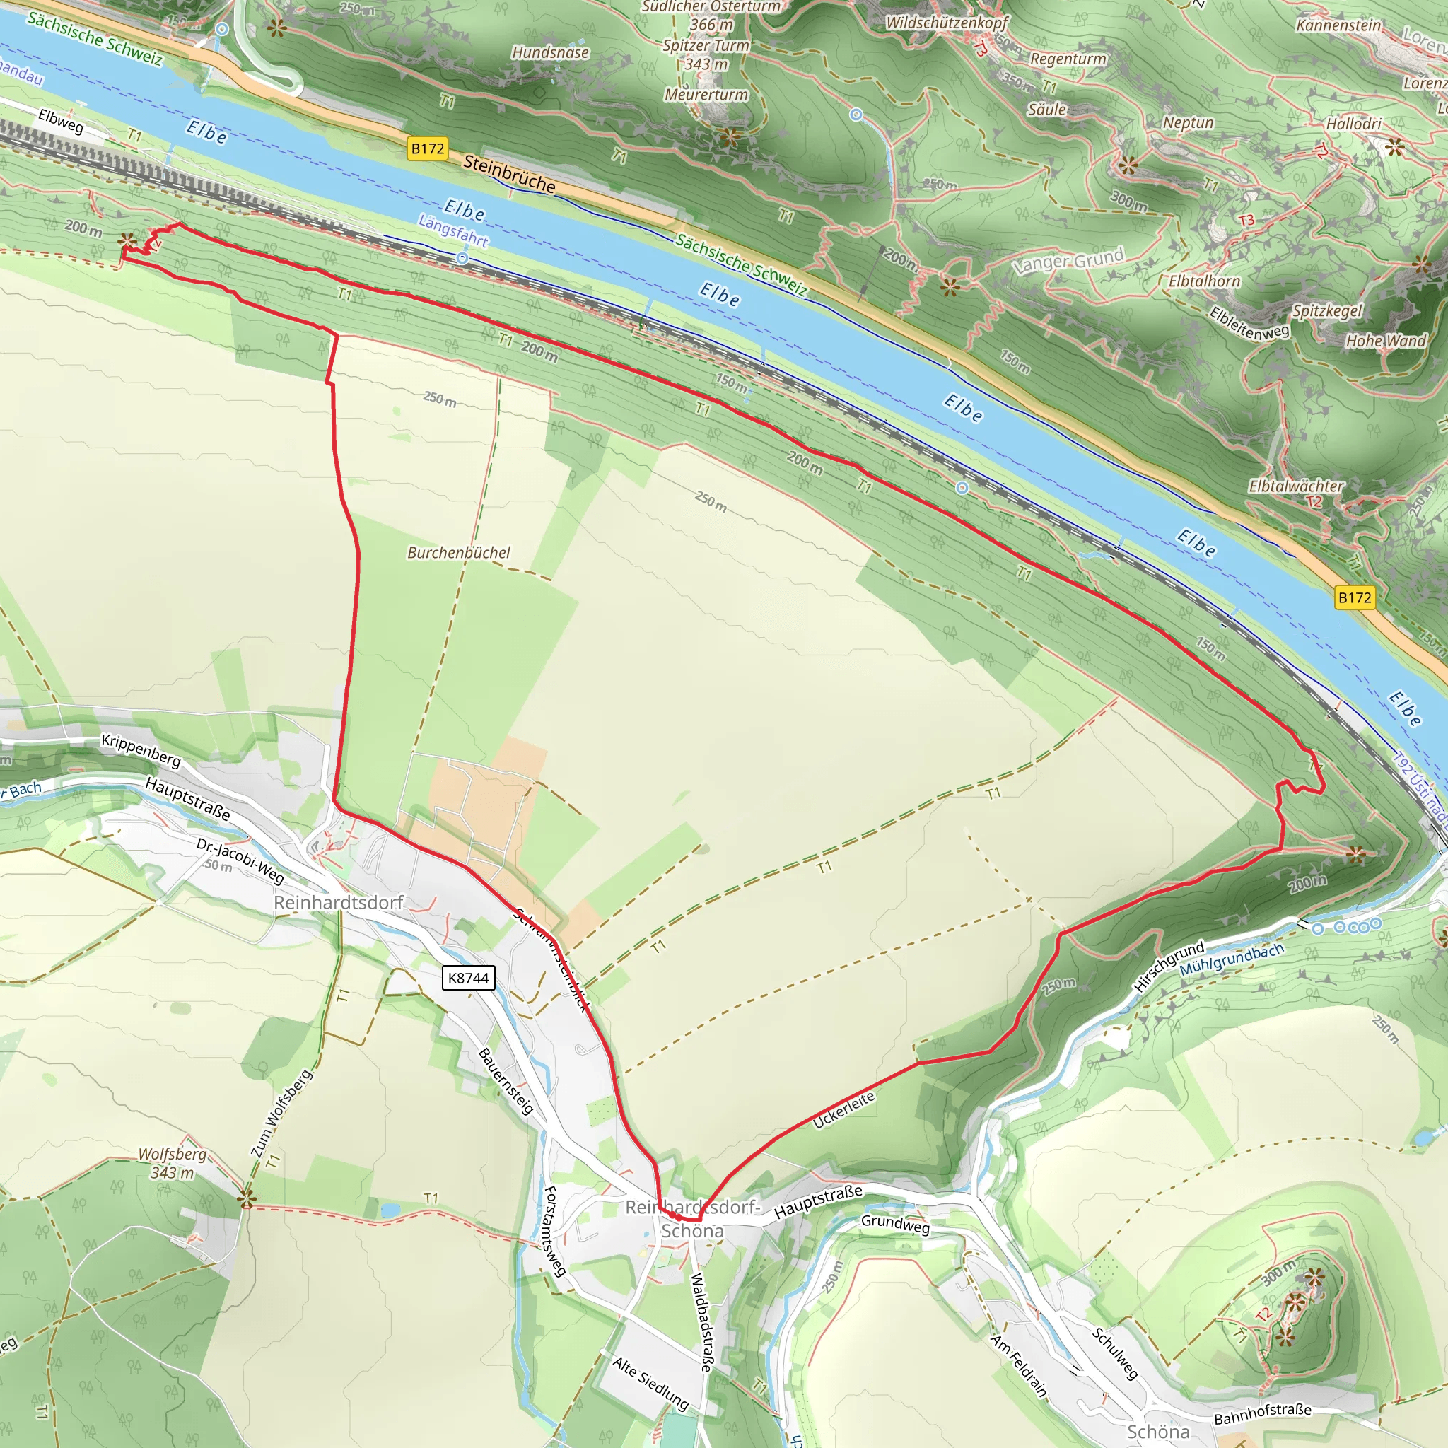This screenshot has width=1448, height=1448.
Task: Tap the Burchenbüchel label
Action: tap(458, 552)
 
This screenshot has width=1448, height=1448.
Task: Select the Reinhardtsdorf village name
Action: tap(338, 901)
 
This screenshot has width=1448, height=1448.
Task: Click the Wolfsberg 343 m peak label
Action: tap(173, 1163)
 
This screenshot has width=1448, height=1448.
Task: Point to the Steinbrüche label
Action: tap(509, 174)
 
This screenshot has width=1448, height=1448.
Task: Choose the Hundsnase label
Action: tap(550, 52)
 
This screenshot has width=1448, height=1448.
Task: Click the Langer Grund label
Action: tap(1068, 260)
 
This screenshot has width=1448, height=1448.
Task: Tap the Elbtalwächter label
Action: tap(1296, 486)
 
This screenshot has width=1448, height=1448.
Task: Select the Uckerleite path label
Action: tap(844, 1110)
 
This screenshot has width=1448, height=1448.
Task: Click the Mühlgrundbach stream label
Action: tap(1232, 959)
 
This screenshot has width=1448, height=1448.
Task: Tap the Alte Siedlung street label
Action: tap(650, 1384)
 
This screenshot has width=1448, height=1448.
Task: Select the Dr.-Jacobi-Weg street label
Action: tap(240, 860)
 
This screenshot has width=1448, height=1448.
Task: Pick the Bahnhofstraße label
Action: tap(1263, 1413)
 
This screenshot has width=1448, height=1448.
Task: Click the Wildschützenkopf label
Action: tap(947, 23)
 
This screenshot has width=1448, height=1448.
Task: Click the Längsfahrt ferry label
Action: tap(452, 230)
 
